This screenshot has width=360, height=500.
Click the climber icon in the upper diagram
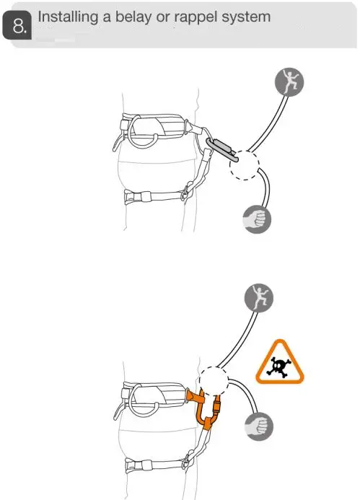(289, 85)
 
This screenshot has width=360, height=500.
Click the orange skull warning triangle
(280, 363)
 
